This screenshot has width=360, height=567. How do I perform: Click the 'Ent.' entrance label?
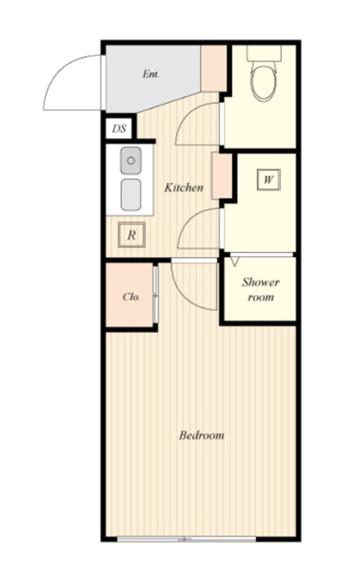tap(151, 74)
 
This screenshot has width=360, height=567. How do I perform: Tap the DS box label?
tap(119, 129)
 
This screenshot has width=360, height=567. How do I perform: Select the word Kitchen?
tap(184, 187)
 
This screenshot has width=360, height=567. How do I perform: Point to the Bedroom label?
tap(201, 434)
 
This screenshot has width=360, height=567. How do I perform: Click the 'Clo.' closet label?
tap(131, 297)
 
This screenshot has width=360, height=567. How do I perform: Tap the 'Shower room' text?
tap(260, 289)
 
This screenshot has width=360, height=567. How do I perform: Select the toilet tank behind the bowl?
tap(264, 53)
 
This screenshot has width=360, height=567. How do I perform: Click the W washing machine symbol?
tap(269, 180)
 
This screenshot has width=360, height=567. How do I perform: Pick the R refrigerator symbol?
tap(132, 235)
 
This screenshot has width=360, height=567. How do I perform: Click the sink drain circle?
tap(131, 160)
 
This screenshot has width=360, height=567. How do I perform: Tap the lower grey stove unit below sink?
tap(131, 194)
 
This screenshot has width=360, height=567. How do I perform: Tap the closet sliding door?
tap(156, 294)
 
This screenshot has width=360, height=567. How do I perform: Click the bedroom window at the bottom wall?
tap(186, 539)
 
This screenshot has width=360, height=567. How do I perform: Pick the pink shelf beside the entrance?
tap(213, 68)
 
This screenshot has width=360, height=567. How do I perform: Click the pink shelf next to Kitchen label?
tap(222, 176)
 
